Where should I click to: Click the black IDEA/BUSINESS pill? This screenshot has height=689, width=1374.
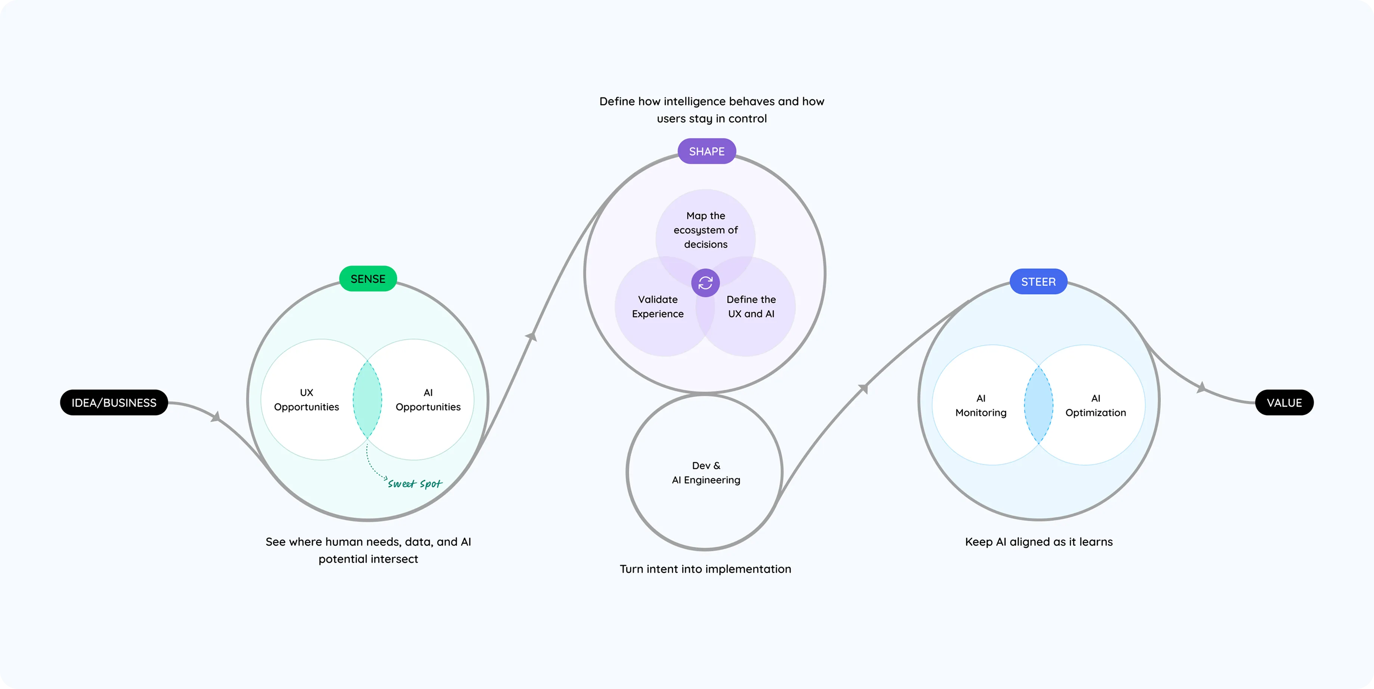(x=114, y=402)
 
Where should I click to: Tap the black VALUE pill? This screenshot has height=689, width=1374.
(x=1284, y=402)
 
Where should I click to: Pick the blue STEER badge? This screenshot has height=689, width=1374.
(x=1038, y=282)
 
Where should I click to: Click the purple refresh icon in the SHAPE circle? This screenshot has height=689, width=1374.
(x=705, y=283)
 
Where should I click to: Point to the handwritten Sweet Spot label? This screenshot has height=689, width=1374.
(x=415, y=483)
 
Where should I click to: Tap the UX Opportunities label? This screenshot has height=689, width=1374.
(x=306, y=400)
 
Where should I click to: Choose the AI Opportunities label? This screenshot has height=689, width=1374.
(x=428, y=400)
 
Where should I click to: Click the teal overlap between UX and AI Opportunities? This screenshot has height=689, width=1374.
(x=367, y=399)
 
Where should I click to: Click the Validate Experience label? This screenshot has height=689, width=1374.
(x=658, y=307)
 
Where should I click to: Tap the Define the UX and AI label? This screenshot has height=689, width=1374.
(x=751, y=307)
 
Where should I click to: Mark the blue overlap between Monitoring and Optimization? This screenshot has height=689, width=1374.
(x=1038, y=405)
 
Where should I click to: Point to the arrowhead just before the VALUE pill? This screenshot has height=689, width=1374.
(x=1201, y=387)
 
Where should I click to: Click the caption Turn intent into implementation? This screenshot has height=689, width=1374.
(x=705, y=569)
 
